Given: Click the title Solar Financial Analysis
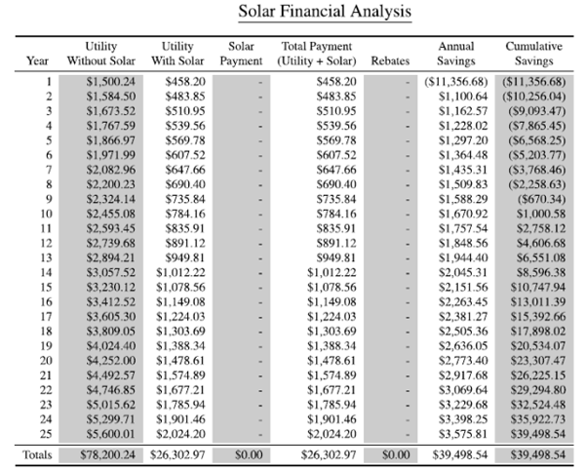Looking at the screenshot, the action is pos(325,11).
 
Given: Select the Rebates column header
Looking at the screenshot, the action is pos(390,60).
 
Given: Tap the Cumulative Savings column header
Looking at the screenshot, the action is pos(534,54).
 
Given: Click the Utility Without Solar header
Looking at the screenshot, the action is pos(101,54).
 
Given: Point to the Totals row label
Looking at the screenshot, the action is pos(37,454).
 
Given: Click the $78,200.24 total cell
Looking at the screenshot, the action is pos(108,454).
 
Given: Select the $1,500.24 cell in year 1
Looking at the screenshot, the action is pos(111,82).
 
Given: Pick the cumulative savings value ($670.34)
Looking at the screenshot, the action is pos(541,199).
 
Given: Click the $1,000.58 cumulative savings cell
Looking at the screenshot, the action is pos(541,214).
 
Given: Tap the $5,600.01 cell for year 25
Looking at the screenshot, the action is pos(111,434).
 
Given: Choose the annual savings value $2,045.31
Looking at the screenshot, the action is pos(463,273).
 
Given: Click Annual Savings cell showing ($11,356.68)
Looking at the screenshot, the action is pos(456,82).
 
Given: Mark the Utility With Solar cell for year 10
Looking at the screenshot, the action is pos(185,214).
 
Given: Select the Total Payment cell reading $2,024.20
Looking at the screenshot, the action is pos(331,434).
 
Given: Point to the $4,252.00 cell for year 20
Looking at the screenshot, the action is pos(111,361).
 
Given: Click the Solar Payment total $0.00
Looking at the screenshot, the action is pos(249,454).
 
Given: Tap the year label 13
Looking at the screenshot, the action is pos(46,257).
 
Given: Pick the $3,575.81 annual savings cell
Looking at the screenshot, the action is pos(463,434).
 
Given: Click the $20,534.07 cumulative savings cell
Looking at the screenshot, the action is pos(538,346).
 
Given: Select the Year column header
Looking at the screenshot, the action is pos(37,60).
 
